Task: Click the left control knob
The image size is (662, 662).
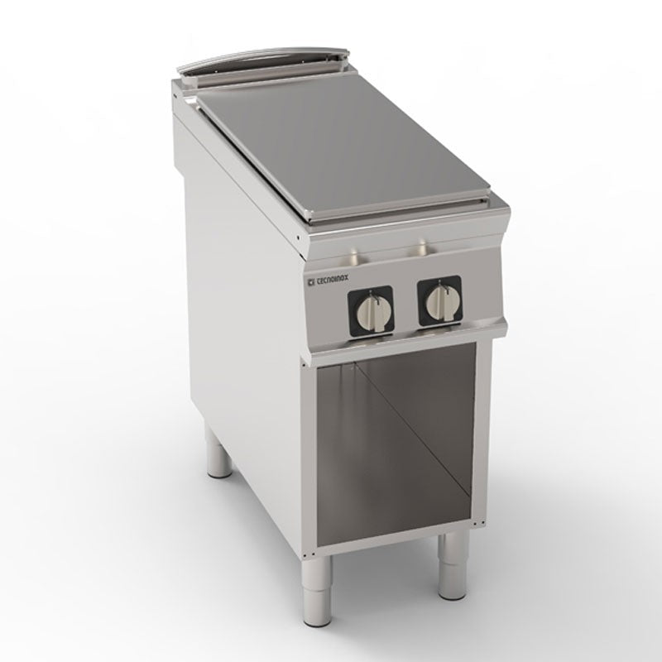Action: (370, 313)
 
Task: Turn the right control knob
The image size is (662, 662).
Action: (439, 301)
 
